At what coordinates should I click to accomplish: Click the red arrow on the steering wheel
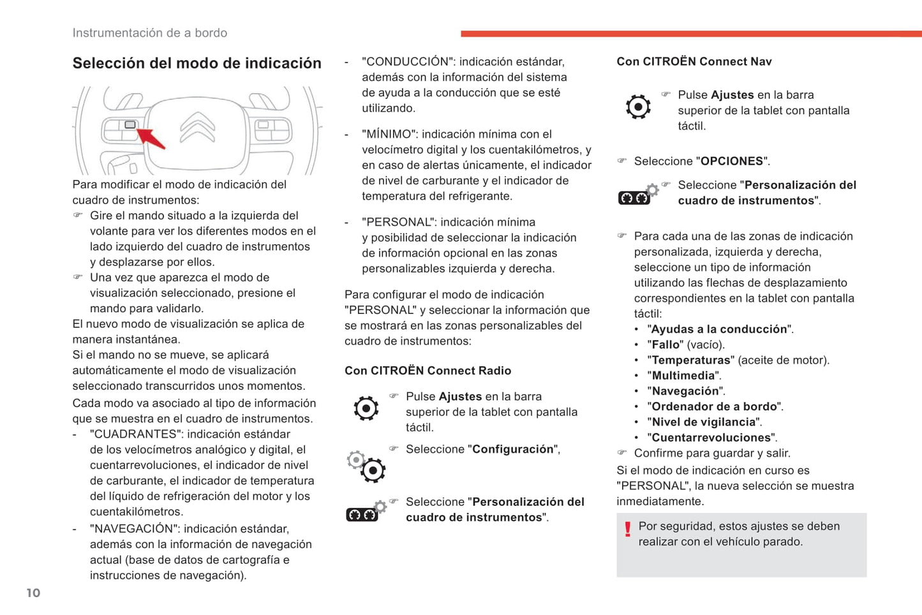tap(152, 138)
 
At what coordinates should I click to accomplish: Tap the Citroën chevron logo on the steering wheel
tap(197, 126)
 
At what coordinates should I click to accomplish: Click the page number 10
tap(33, 593)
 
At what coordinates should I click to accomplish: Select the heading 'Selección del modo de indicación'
tap(197, 63)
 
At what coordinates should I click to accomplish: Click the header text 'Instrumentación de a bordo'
tap(149, 33)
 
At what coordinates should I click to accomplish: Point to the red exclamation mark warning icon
tap(628, 529)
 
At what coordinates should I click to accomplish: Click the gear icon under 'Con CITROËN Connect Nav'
tap(638, 107)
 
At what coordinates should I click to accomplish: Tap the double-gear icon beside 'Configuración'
tap(366, 466)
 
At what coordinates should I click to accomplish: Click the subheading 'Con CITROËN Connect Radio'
tap(428, 371)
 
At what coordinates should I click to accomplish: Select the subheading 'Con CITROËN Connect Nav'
tap(694, 62)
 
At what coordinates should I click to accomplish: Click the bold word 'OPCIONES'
tap(732, 161)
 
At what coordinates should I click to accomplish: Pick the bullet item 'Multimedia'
tap(683, 376)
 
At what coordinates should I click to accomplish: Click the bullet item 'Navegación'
tap(685, 391)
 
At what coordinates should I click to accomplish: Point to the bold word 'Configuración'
tap(513, 449)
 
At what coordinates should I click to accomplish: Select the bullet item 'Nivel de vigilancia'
tap(704, 422)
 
